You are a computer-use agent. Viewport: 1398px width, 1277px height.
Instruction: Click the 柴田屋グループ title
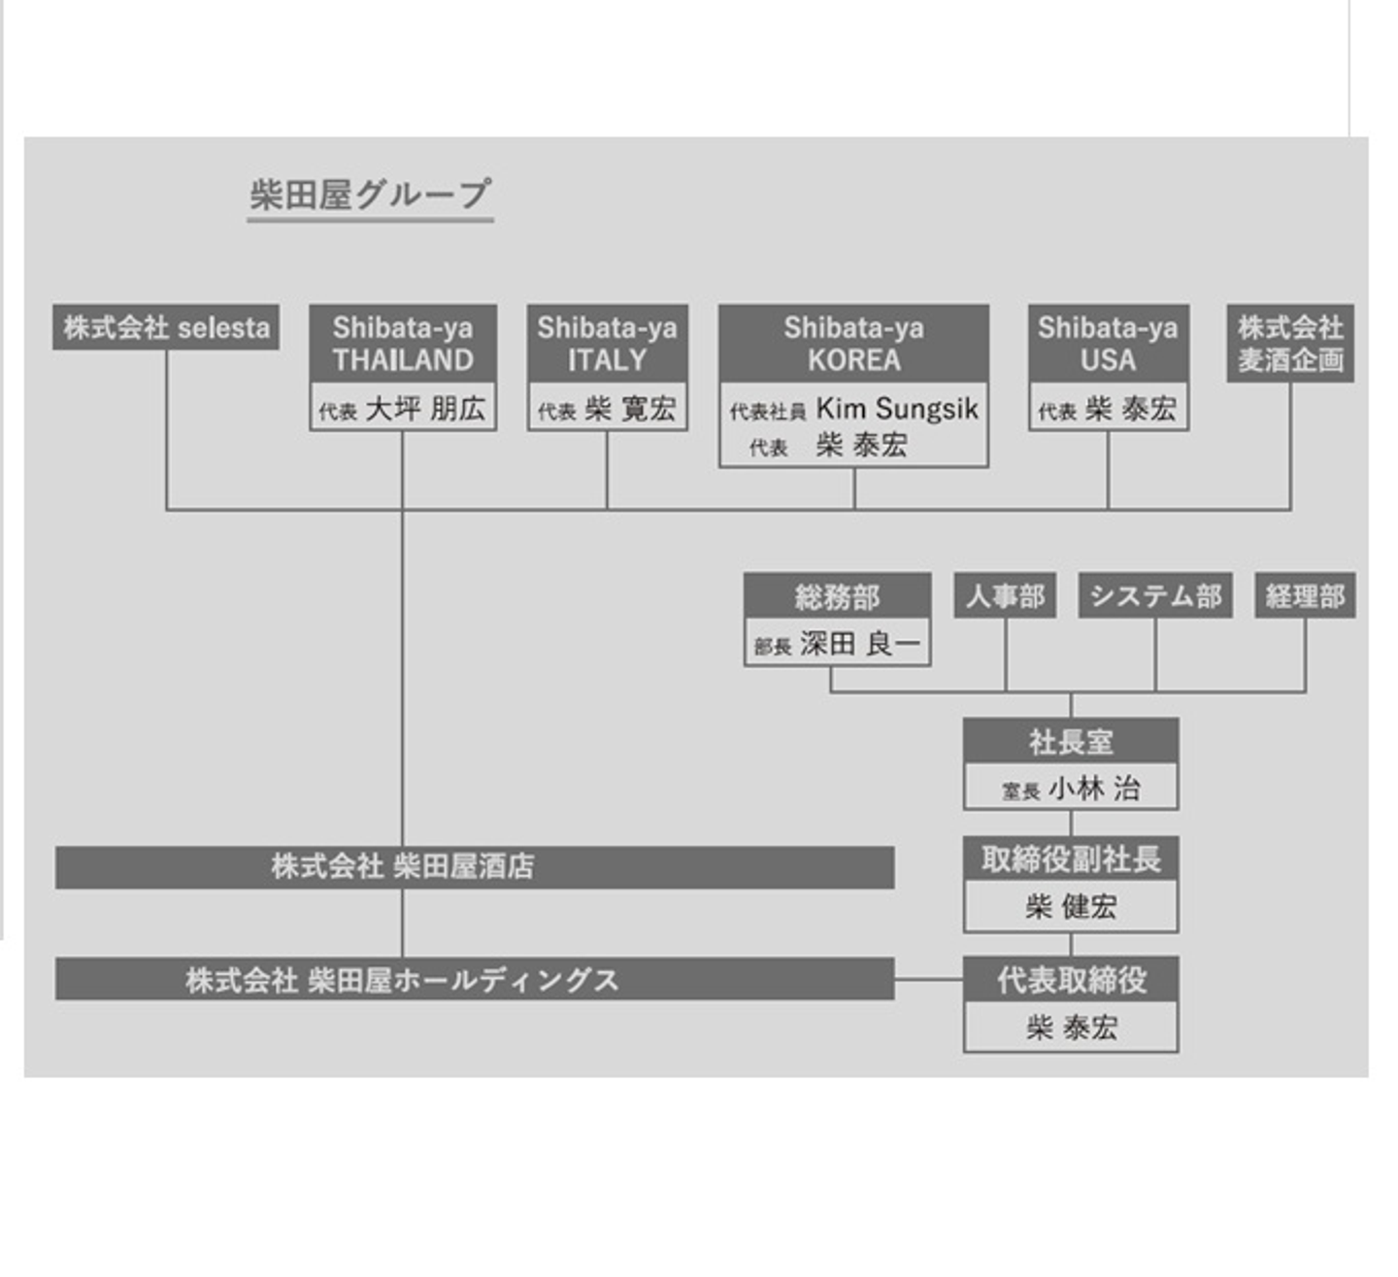click(370, 195)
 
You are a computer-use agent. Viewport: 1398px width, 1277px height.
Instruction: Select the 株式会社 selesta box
click(166, 327)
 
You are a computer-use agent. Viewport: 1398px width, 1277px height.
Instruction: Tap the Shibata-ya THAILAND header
click(403, 344)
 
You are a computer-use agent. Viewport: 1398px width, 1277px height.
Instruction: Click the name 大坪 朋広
click(425, 409)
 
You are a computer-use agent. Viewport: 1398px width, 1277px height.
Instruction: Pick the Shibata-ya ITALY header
click(607, 344)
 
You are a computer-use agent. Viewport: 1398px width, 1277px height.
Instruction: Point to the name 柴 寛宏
click(630, 409)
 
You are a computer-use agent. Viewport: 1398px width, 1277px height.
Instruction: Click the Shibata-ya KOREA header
click(853, 344)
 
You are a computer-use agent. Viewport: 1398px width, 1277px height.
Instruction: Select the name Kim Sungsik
click(897, 409)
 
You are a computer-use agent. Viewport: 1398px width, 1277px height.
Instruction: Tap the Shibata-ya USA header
click(1108, 344)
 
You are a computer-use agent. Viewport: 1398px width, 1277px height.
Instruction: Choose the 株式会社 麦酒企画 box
click(1290, 344)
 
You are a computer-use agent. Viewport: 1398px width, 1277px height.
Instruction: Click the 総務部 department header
click(837, 596)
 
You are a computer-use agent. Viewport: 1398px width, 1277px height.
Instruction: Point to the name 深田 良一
click(859, 644)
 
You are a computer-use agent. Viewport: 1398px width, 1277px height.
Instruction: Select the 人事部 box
click(1005, 595)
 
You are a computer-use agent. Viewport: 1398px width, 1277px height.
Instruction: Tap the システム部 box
click(1155, 595)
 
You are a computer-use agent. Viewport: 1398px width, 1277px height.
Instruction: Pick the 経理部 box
click(1305, 595)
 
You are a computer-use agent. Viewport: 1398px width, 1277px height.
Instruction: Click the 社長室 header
click(1071, 742)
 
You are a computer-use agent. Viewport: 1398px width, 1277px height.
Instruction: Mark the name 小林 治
click(1094, 788)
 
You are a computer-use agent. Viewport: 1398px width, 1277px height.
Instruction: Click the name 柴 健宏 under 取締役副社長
click(1071, 907)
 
